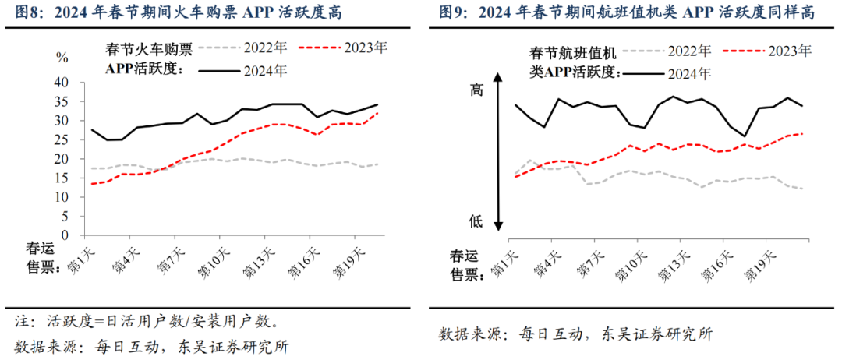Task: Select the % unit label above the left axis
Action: point(63,57)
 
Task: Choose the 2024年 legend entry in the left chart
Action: point(266,70)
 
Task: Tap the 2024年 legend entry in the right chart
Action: point(689,74)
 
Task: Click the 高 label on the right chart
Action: point(476,90)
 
